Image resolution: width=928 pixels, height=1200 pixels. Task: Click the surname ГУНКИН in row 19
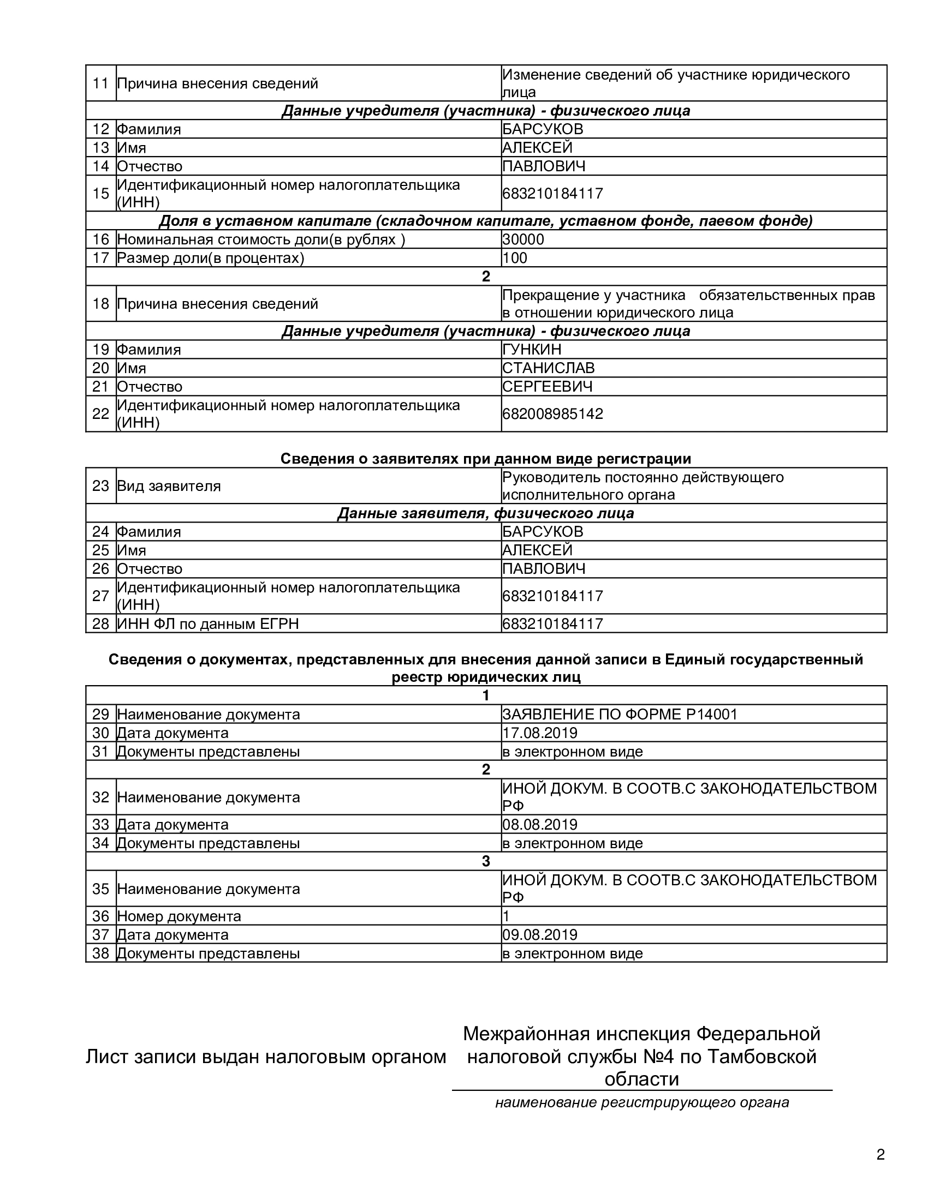(532, 350)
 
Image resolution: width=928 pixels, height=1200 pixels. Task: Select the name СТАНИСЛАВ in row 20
(548, 368)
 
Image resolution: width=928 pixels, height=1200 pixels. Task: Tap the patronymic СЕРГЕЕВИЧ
(547, 386)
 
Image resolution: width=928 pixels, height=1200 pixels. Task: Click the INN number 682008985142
(552, 414)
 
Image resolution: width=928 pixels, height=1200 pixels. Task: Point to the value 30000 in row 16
(523, 239)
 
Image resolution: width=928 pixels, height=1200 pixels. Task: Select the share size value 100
(515, 257)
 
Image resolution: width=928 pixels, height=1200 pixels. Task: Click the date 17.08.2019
(539, 733)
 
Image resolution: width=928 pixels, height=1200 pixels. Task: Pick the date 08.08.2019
(539, 824)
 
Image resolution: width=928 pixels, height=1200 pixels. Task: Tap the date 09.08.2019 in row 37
(539, 934)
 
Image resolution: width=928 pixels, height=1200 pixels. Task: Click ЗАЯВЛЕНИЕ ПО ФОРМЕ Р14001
(619, 715)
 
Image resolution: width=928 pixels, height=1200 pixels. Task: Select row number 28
(100, 623)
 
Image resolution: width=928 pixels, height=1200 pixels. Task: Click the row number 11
(100, 83)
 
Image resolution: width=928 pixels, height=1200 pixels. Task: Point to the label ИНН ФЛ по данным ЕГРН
(208, 623)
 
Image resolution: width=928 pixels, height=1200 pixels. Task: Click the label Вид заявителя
(169, 485)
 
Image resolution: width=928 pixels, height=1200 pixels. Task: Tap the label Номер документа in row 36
(179, 916)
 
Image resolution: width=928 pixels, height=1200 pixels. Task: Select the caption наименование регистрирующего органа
(641, 1102)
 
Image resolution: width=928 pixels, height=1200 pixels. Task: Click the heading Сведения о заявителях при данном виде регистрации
(485, 458)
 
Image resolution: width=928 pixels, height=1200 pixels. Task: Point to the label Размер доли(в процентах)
(211, 257)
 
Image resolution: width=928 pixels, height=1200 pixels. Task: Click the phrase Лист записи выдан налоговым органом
(265, 1057)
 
